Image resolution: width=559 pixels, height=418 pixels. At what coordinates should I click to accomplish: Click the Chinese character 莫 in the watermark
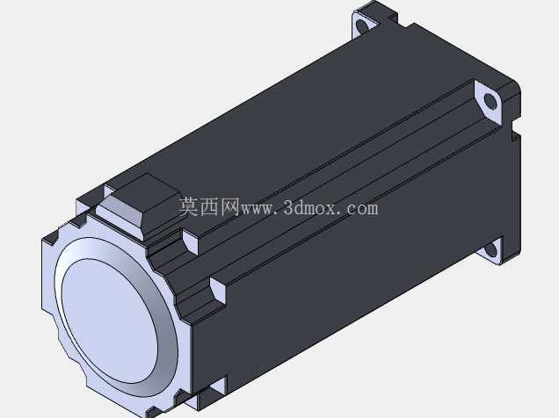coord(189,207)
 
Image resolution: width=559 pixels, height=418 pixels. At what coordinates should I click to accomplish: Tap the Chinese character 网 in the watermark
coord(229,207)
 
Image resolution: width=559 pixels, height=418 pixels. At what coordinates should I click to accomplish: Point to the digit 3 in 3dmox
coord(289,207)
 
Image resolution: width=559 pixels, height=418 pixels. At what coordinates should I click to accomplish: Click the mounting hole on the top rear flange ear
coord(362,26)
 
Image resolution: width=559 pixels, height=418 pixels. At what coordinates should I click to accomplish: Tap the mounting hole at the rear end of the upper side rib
coord(490,102)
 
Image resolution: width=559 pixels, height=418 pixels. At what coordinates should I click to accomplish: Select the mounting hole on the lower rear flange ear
coord(491,249)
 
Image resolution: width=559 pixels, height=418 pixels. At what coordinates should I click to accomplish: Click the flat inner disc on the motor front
coord(109,321)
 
